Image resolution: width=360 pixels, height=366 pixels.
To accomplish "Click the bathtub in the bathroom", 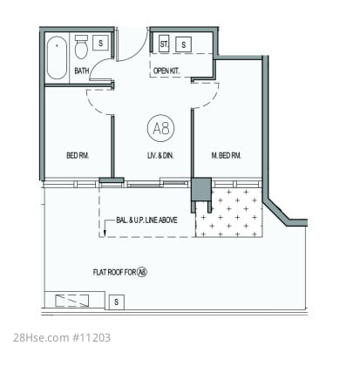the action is [57, 58].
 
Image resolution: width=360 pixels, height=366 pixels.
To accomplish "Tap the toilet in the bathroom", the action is [81, 47].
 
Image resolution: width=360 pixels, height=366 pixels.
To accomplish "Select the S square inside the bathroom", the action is [100, 43].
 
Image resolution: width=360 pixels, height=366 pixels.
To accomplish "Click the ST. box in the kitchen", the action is [164, 44].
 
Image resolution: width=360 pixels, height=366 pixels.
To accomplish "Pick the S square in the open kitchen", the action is [183, 44].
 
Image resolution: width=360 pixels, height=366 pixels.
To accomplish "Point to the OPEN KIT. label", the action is [166, 71].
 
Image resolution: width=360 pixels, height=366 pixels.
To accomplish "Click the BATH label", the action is [82, 71].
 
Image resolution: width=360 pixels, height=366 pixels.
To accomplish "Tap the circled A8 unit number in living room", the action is [161, 128].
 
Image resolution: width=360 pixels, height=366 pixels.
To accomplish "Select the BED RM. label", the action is [78, 155].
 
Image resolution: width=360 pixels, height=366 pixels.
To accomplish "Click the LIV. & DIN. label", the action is [160, 155].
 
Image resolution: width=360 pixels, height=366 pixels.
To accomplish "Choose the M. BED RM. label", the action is [226, 155].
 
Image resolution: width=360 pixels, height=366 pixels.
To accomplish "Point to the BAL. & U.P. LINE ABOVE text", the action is [146, 220].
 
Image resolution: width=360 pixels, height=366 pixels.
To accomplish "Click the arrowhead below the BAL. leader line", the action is [105, 233].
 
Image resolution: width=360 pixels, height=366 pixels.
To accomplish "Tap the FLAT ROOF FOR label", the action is [114, 272].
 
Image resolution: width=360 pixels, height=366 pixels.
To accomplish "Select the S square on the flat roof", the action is [116, 302].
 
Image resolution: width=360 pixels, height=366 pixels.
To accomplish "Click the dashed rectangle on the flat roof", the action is [72, 301].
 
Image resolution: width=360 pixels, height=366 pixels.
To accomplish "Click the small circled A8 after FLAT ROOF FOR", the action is [142, 272].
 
